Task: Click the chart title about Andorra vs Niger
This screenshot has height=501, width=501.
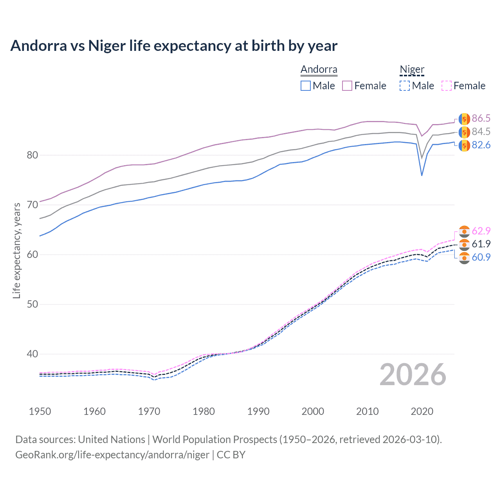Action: (x=174, y=46)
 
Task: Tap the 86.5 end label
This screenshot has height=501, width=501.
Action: (x=481, y=119)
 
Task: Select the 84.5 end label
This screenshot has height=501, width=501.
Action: (x=481, y=132)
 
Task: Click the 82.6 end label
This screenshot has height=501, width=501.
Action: (x=481, y=145)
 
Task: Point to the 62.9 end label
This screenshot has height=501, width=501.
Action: (x=481, y=231)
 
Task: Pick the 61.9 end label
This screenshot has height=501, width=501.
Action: (x=481, y=244)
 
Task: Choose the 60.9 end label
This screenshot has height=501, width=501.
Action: (x=481, y=257)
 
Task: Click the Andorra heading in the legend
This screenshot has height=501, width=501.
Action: (x=319, y=70)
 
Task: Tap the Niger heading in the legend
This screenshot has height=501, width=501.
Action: (x=412, y=70)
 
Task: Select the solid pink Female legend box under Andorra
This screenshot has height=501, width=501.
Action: (x=347, y=86)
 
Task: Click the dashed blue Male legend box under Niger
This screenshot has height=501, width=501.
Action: (x=405, y=86)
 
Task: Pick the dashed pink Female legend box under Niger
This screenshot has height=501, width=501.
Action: (x=447, y=86)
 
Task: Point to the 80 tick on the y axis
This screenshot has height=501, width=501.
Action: (x=32, y=155)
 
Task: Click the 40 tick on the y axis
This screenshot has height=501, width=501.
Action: (x=32, y=354)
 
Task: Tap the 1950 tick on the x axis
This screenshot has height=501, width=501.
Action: (x=40, y=411)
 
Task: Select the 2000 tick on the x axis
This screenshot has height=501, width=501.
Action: (x=313, y=411)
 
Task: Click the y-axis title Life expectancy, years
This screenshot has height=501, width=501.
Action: (x=17, y=250)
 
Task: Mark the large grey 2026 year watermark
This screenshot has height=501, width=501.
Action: (x=413, y=375)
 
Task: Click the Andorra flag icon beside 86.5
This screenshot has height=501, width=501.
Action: (x=464, y=119)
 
